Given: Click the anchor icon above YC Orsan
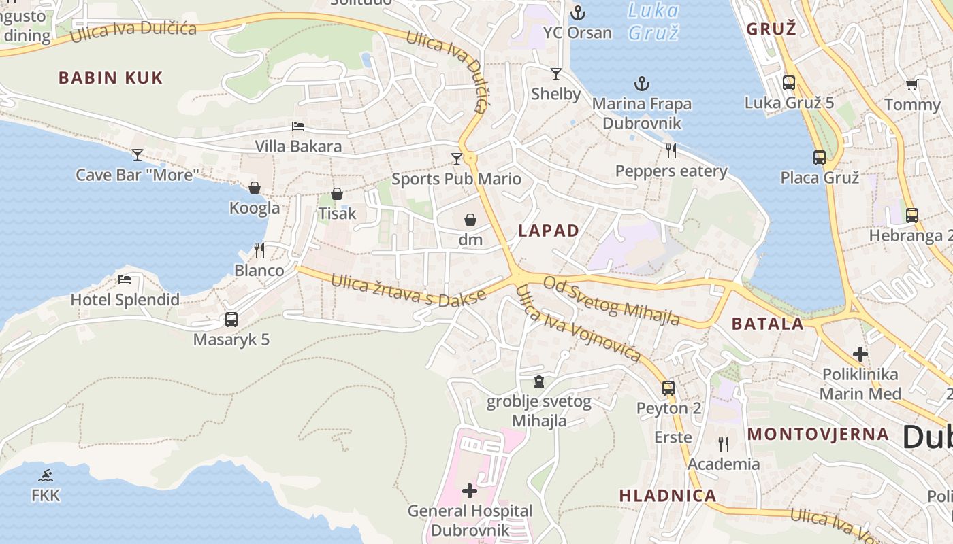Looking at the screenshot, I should (577, 12).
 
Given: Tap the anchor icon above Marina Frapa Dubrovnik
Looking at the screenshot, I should (641, 84).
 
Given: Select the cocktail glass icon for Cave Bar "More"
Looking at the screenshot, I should (138, 155).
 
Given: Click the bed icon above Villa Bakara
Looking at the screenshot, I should (298, 126).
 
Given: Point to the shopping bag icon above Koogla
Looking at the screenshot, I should (255, 188).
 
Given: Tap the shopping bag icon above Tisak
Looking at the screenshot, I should (337, 194).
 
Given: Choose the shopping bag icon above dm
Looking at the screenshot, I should (470, 220).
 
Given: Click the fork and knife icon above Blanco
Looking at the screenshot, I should (259, 250).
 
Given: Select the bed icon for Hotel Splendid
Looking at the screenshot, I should (125, 279).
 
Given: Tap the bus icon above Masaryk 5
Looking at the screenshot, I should (231, 319).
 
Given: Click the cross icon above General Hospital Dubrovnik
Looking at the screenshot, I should (470, 490).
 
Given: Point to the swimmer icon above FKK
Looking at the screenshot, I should (46, 475).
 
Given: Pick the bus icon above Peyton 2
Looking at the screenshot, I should (668, 388).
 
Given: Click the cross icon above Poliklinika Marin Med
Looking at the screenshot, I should (860, 354).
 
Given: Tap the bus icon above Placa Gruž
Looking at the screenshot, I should (820, 158).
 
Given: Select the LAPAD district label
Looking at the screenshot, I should (549, 231).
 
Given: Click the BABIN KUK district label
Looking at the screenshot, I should (111, 78).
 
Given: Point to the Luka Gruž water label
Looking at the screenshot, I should (653, 21).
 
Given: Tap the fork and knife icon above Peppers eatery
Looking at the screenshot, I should (671, 150).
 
